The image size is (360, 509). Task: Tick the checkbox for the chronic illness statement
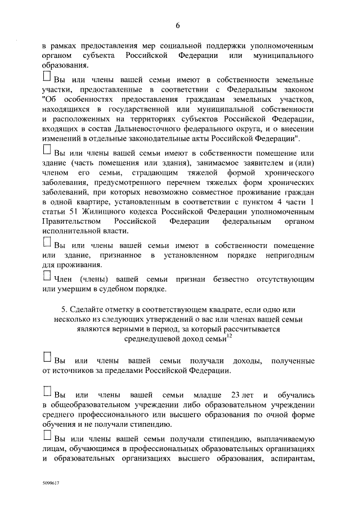coord(47,150)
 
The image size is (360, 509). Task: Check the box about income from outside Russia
coord(47,358)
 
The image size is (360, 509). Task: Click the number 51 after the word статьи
coord(68,212)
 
